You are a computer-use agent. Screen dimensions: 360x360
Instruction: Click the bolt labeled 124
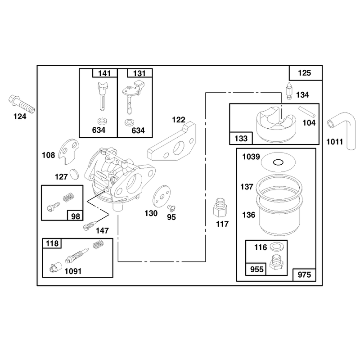point(22,105)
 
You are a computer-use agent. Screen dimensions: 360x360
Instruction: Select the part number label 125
point(305,73)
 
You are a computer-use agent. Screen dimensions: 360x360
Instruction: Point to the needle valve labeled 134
point(289,91)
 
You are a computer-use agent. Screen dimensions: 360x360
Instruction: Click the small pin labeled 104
point(307,112)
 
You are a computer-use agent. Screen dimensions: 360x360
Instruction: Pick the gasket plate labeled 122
point(172,142)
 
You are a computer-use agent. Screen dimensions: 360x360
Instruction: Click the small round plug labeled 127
point(74,174)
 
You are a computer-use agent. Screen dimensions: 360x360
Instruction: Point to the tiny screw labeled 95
point(171,207)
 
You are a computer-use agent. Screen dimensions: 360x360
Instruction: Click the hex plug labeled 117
point(220,207)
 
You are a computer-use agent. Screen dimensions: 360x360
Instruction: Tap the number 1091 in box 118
point(73,271)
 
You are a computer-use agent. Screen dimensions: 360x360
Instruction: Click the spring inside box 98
point(68,198)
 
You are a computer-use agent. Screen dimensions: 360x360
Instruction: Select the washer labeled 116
point(277,247)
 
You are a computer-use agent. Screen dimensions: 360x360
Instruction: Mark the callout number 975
point(304,274)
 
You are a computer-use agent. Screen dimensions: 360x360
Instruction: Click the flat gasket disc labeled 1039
point(278,162)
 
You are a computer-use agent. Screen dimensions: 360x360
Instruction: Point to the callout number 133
point(241,139)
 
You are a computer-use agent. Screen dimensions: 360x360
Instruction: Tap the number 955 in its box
point(256,269)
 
